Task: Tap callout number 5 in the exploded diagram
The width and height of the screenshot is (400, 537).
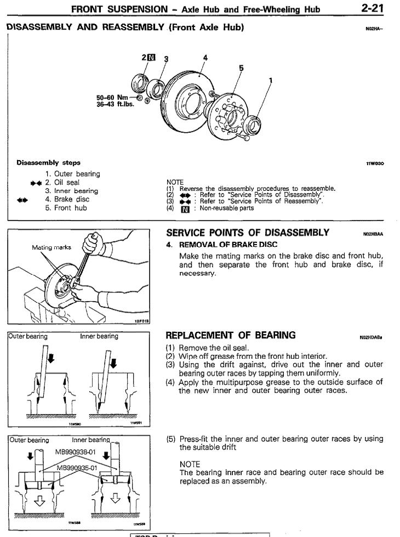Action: [240, 69]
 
